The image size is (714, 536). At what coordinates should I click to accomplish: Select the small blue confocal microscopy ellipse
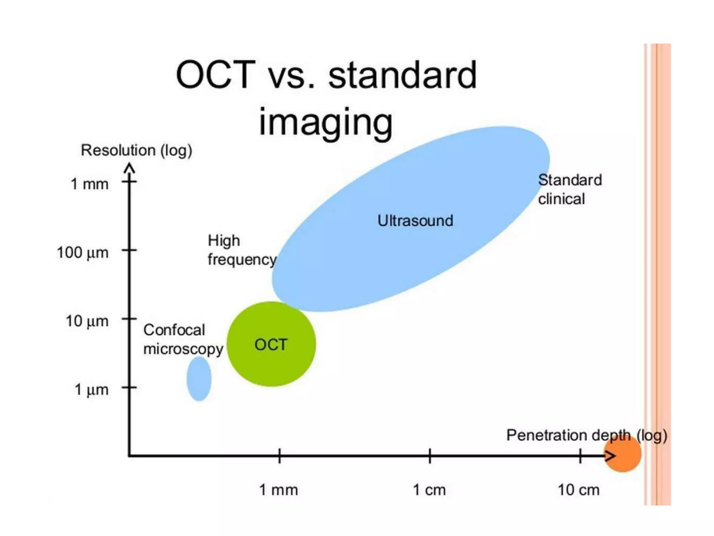click(199, 379)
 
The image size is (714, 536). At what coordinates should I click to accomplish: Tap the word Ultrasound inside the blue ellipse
click(415, 221)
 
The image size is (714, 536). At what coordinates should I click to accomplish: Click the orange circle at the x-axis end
click(623, 454)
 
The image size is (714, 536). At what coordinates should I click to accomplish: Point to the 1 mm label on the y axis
click(90, 184)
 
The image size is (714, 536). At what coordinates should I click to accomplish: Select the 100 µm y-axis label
click(83, 252)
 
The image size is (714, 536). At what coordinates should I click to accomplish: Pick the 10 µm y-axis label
click(87, 321)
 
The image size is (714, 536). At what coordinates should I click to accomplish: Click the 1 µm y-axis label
click(91, 389)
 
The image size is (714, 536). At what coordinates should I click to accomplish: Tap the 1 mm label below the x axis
click(278, 490)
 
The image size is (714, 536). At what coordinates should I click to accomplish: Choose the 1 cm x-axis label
click(429, 490)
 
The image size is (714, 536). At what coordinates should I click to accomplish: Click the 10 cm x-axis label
click(578, 490)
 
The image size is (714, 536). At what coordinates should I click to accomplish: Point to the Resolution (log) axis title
click(136, 150)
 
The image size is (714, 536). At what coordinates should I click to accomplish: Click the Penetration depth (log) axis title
click(586, 435)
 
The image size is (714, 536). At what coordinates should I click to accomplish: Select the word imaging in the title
click(326, 122)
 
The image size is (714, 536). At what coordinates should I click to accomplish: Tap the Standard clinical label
click(569, 189)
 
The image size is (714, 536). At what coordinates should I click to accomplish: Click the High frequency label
click(241, 250)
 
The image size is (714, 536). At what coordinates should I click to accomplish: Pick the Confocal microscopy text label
click(183, 339)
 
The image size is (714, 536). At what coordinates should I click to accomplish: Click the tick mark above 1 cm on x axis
click(430, 456)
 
